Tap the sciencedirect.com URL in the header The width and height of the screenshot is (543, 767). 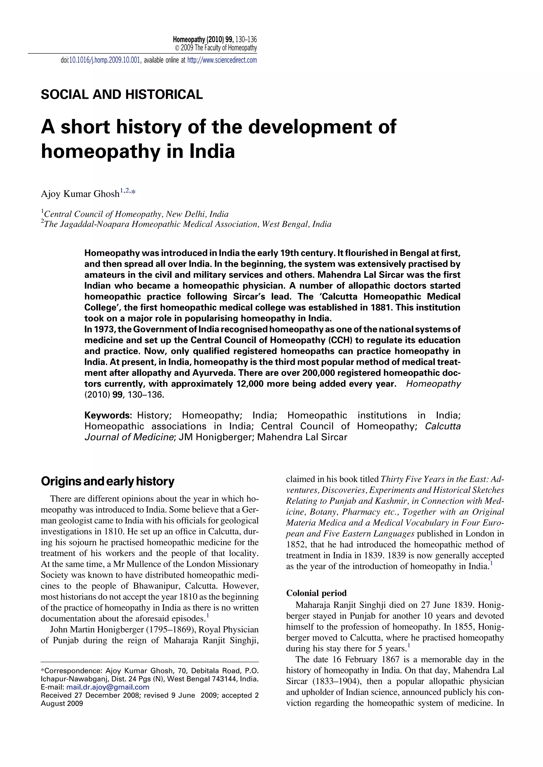[x=222, y=60]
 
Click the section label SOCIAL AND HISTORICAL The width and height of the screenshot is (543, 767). [x=122, y=95]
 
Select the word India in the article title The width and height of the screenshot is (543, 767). [x=212, y=151]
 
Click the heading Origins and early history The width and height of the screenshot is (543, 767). [x=108, y=481]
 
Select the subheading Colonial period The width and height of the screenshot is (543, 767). [x=316, y=593]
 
